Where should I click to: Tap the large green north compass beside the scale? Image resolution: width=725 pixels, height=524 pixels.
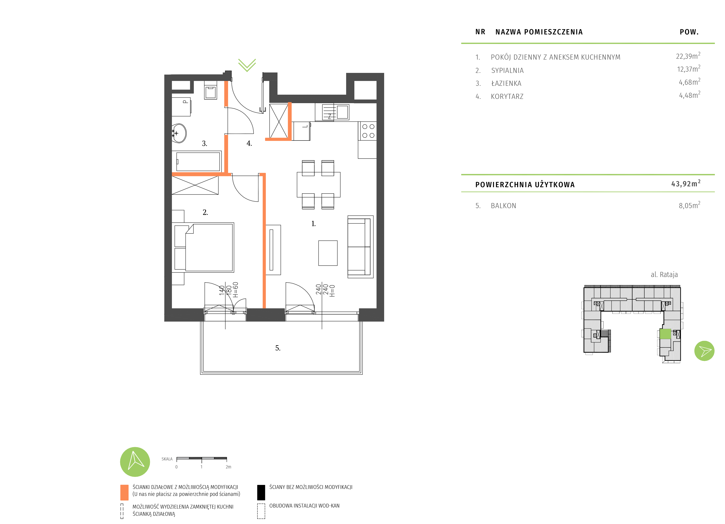pos(135,462)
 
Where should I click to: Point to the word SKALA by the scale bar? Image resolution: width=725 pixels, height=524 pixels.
pos(167,459)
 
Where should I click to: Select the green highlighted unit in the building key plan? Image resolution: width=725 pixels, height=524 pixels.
pos(665,334)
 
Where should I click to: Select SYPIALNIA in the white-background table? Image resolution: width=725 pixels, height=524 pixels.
pos(507,70)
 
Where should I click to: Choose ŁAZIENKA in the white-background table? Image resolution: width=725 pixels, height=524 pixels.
pos(506,83)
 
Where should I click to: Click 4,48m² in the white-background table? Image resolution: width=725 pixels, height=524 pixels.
pos(689,95)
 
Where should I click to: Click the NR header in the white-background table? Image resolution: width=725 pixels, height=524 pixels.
pos(480,32)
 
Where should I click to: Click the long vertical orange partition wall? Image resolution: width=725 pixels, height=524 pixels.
pos(264,240)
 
